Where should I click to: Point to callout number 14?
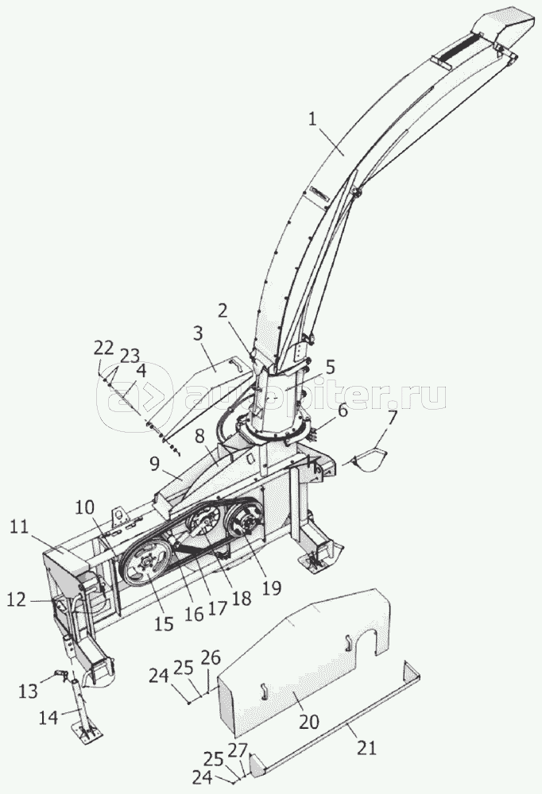(x=49, y=719)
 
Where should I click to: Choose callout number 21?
(x=366, y=747)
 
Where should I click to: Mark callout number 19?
(x=272, y=588)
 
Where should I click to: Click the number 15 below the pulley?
(x=163, y=624)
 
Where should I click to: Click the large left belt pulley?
(x=146, y=565)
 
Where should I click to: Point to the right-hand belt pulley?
(x=243, y=526)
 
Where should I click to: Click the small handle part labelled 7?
(x=369, y=461)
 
